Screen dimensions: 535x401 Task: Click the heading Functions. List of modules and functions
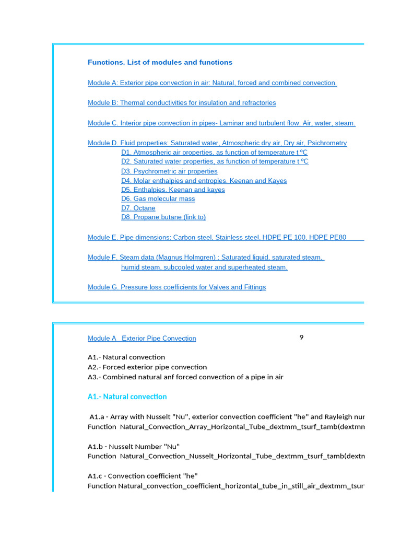160,62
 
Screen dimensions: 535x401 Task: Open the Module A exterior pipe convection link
212,83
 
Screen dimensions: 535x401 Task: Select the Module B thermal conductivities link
182,103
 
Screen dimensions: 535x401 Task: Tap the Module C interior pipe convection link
221,123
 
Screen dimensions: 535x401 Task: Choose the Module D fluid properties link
217,143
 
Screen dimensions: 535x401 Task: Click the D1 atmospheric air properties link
214,153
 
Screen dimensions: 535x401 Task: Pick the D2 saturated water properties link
215,162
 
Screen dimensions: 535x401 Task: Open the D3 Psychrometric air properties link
169,171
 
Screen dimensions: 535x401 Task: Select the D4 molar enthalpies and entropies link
204,181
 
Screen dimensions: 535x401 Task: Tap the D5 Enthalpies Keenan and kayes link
173,190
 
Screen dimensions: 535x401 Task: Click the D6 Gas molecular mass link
158,199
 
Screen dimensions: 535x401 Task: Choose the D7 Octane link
138,208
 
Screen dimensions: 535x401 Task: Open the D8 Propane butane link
163,217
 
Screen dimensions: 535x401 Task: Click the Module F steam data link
206,258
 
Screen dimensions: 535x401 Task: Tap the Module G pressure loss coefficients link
176,287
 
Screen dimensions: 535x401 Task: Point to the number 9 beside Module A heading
301,338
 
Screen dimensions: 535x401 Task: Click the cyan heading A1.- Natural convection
127,397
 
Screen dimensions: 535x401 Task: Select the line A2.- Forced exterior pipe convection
147,367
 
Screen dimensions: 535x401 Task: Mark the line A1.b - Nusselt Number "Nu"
133,447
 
